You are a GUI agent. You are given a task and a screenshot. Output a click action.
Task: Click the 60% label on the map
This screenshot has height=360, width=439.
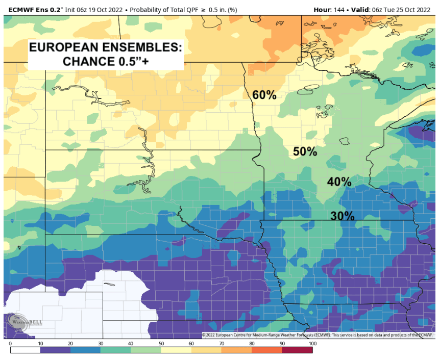264,95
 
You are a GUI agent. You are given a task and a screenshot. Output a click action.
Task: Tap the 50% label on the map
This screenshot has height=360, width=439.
305,151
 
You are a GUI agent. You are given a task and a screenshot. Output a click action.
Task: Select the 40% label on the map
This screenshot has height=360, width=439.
339,182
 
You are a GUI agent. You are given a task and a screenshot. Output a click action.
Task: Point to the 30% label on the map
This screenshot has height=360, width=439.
342,215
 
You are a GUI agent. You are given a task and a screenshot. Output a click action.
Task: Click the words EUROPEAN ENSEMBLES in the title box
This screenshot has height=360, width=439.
105,48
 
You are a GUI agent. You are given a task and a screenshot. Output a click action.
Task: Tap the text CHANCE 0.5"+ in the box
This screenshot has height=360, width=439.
105,62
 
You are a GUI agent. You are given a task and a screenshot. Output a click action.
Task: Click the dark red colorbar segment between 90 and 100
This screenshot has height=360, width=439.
296,350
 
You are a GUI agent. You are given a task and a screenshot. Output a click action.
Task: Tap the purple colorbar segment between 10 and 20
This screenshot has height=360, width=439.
56,350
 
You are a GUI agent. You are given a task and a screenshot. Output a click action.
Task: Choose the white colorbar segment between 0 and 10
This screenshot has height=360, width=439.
26,350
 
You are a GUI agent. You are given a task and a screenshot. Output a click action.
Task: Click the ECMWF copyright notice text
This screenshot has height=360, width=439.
317,335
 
